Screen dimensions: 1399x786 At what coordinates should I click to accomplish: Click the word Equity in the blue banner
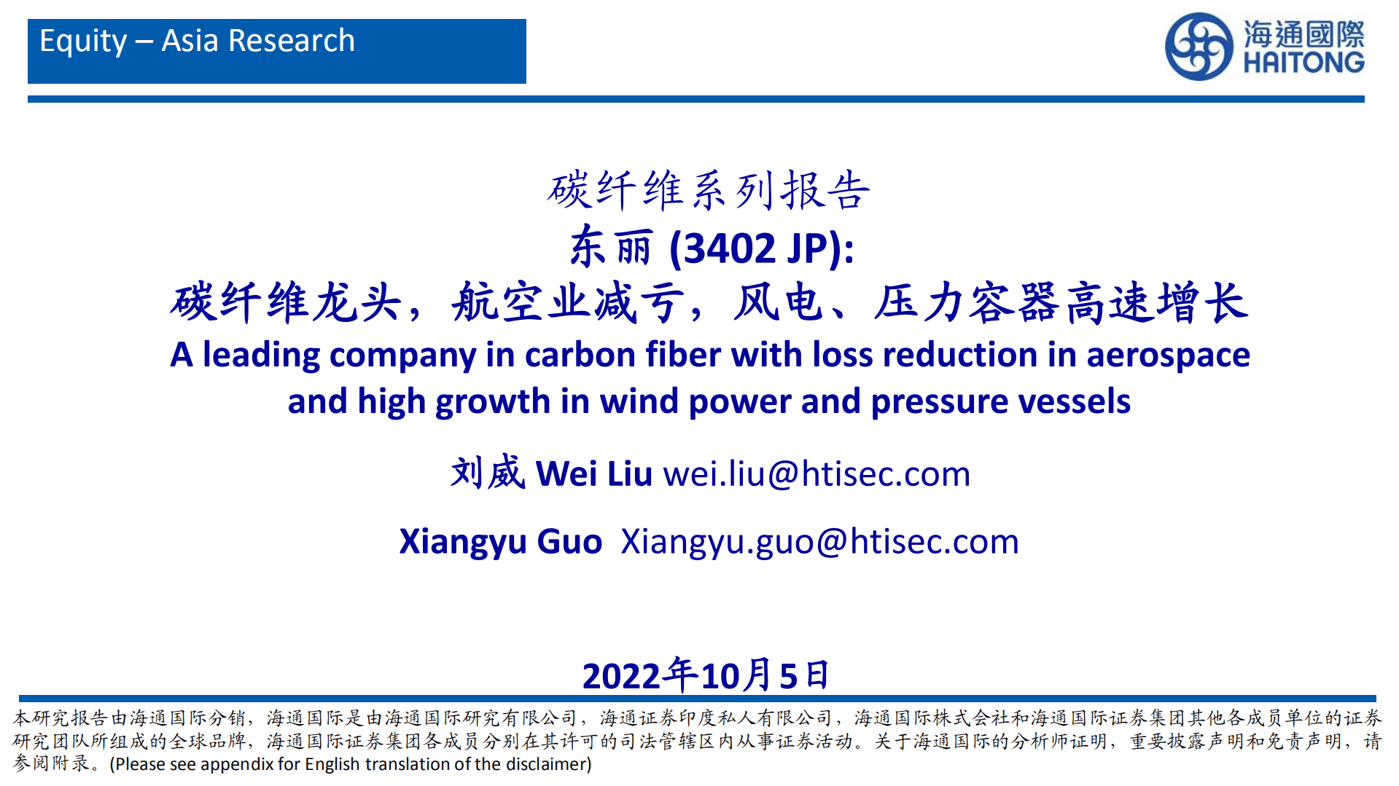coord(83,42)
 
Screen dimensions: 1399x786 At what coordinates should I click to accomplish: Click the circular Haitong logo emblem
coord(1199,46)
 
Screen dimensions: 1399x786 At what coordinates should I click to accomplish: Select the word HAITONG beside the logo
coord(1303,62)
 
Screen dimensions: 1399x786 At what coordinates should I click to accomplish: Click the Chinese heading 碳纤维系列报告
coord(709,191)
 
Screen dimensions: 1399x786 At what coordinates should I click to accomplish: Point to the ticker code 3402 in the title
coord(730,249)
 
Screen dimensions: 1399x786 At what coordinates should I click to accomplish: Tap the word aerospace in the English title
coord(1168,355)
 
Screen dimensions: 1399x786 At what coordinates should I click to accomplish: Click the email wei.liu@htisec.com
coord(817,474)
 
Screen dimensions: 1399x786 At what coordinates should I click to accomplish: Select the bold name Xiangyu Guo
coord(501,542)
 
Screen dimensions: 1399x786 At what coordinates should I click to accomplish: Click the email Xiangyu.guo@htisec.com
coord(820,542)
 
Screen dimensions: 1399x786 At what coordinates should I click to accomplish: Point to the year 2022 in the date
coord(621,676)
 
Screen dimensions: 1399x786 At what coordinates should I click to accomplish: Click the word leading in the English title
coord(261,355)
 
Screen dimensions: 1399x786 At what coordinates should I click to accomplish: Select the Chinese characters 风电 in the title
coord(778,302)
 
